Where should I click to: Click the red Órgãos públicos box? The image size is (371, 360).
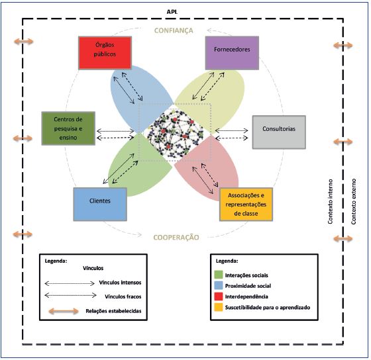click(104, 52)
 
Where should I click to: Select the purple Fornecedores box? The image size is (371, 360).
click(231, 52)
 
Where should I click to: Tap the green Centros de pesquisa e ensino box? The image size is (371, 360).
click(67, 127)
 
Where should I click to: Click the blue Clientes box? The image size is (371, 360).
click(99, 203)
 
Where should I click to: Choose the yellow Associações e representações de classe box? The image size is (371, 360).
click(246, 204)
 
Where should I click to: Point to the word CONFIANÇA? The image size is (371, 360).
click(173, 30)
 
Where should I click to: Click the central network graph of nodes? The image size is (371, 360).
click(174, 132)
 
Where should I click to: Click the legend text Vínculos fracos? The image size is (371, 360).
click(124, 296)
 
